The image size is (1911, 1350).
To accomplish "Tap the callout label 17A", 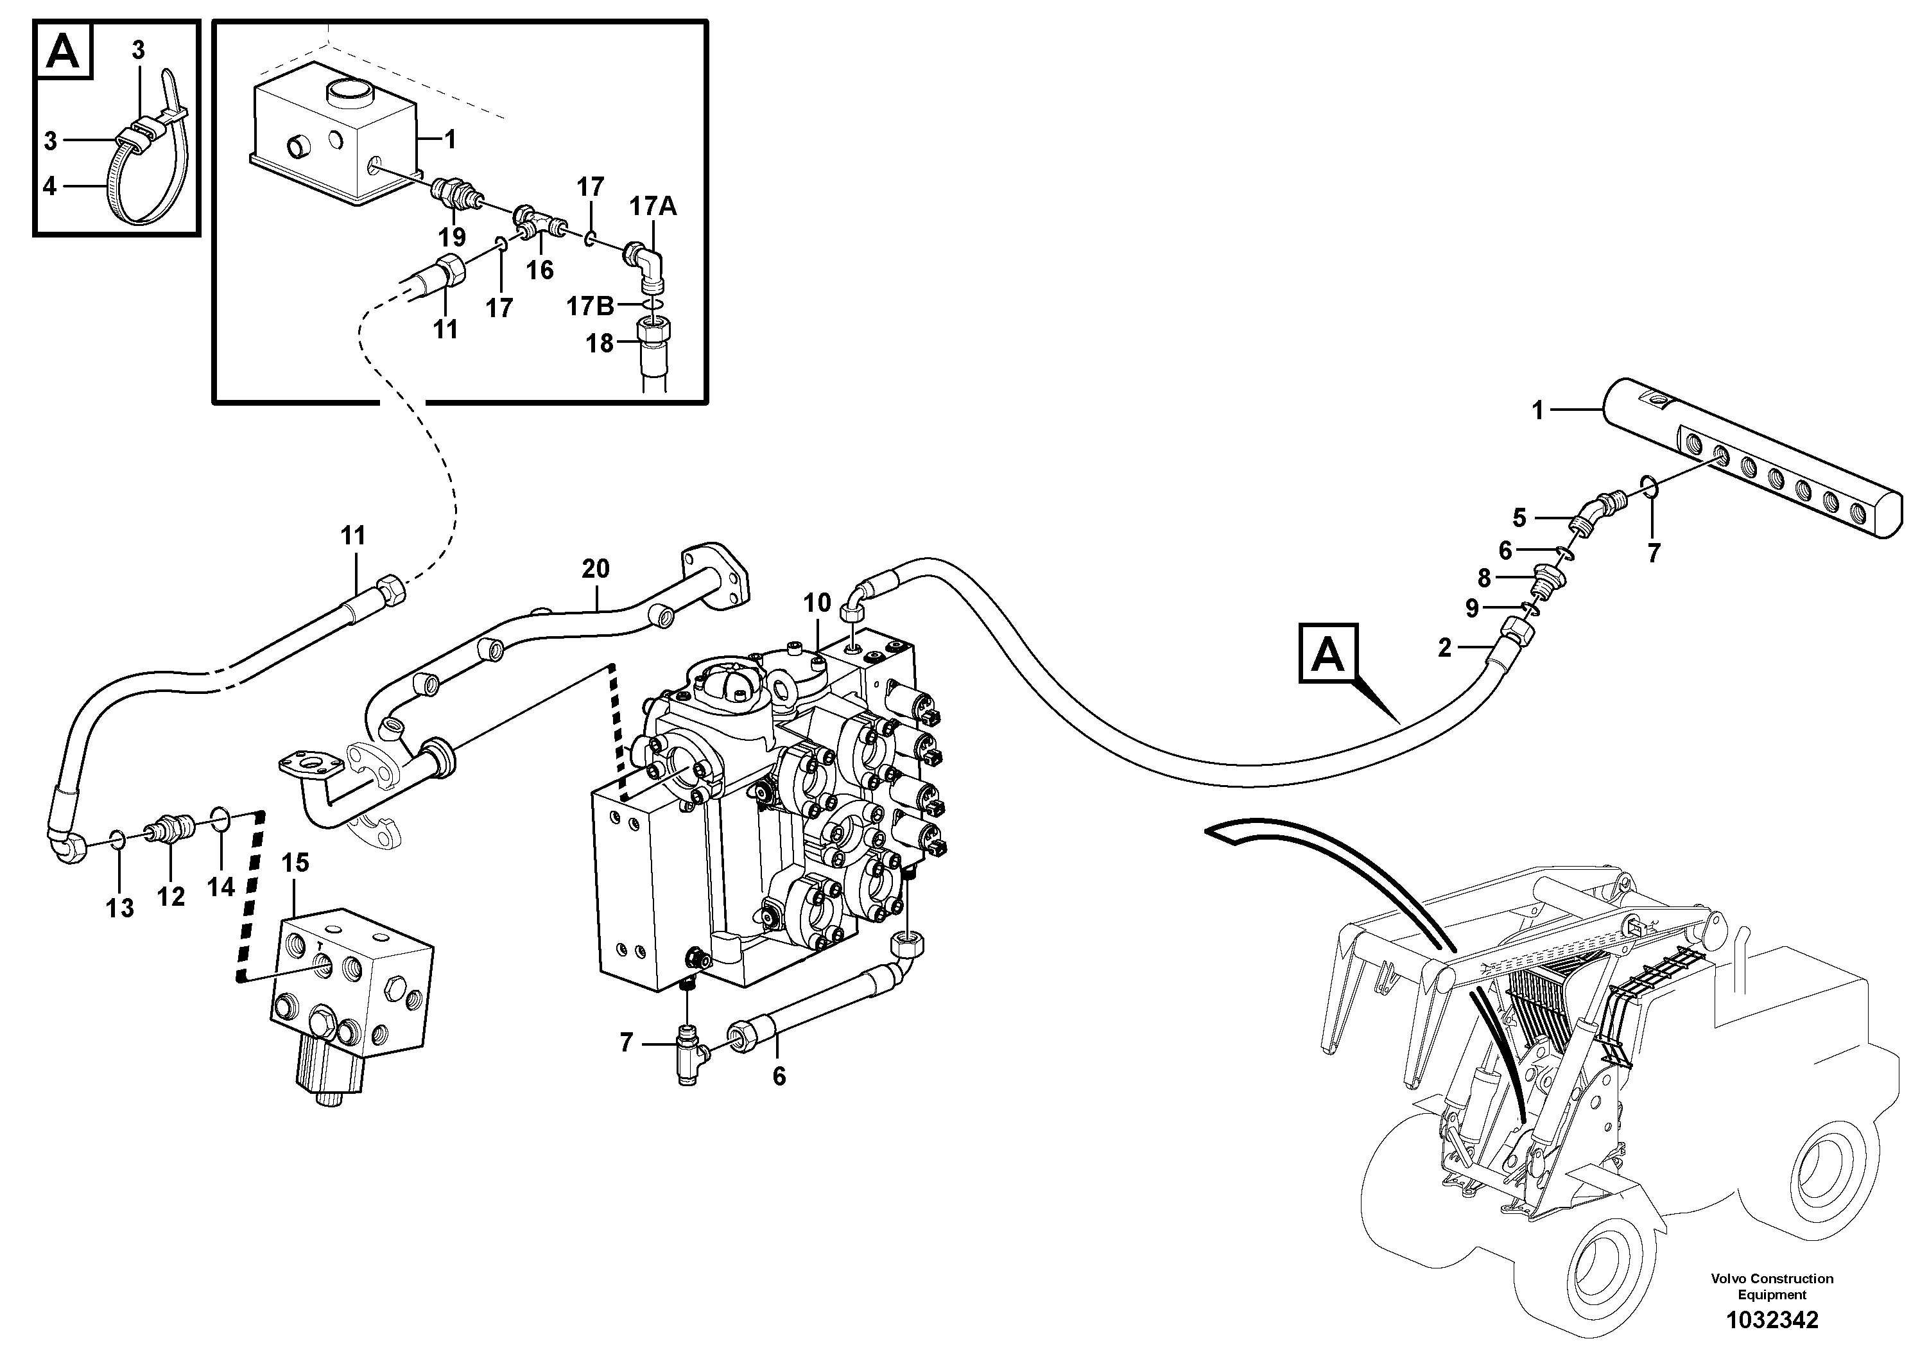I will click(x=653, y=207).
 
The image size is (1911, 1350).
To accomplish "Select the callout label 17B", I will click(x=589, y=306).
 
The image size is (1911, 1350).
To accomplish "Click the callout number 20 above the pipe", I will click(x=595, y=569).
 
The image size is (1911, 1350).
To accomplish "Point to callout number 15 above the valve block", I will click(x=295, y=863).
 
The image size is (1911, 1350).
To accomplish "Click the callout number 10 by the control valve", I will click(x=817, y=603).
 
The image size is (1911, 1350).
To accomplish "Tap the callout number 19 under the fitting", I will click(x=452, y=238).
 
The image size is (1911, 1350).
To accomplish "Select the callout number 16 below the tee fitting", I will click(x=539, y=270).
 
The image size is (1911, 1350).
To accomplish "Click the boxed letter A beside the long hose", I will click(x=1327, y=655).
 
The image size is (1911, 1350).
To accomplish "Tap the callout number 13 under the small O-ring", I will click(x=120, y=908).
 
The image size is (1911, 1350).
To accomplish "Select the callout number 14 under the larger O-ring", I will click(x=221, y=887).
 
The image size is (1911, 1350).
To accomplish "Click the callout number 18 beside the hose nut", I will click(x=600, y=343).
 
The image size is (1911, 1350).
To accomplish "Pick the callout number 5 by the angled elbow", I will click(x=1519, y=519).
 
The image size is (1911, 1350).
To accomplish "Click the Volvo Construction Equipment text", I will click(x=1771, y=1286).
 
